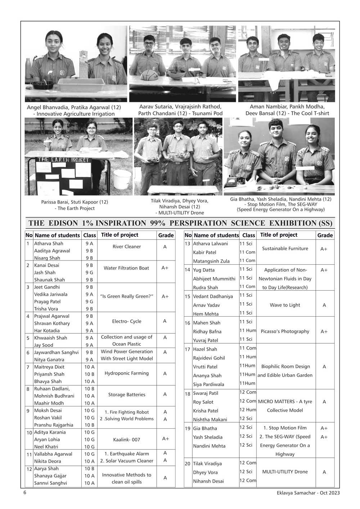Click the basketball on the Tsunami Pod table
coord(147,76)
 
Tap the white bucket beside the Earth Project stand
coord(122,179)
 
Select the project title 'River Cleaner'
coord(127,247)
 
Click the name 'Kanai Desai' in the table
coord(47,265)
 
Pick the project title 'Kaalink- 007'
coord(127,439)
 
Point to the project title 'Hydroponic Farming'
coord(127,373)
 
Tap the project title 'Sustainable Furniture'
coord(285,249)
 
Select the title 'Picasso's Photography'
coord(285,331)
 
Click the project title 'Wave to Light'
coord(285,305)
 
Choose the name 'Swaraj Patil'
coord(206,393)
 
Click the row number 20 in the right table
coord(188,464)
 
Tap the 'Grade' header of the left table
coord(166,235)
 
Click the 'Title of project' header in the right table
coord(279,235)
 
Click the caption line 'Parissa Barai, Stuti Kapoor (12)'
coord(75,202)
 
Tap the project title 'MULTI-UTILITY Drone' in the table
coord(285,472)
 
